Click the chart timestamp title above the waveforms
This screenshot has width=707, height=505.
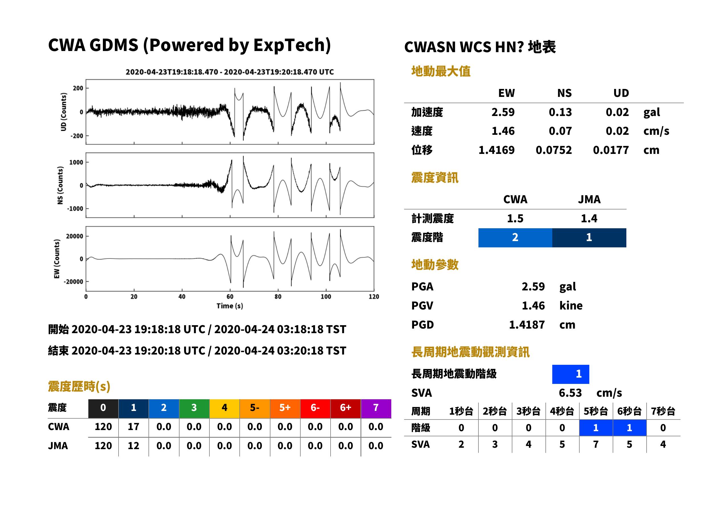(x=229, y=72)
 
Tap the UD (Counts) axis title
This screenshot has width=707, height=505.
(x=64, y=112)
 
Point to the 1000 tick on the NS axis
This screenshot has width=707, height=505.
(x=76, y=162)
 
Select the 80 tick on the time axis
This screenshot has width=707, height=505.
(x=278, y=297)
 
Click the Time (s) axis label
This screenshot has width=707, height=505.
(x=230, y=306)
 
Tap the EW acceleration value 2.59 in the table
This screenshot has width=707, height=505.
(x=503, y=112)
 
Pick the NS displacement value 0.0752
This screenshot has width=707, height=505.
(x=553, y=150)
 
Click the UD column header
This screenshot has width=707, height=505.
(x=621, y=93)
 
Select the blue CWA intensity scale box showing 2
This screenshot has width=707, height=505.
(x=515, y=238)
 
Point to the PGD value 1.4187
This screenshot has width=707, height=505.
(x=527, y=325)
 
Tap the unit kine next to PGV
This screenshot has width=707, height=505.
(x=571, y=306)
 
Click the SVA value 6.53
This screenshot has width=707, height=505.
(x=570, y=393)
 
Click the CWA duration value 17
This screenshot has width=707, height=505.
(x=133, y=427)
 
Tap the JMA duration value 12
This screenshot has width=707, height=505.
(x=133, y=446)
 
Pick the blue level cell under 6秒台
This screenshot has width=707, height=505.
(x=629, y=428)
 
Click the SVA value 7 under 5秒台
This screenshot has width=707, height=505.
(x=596, y=444)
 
